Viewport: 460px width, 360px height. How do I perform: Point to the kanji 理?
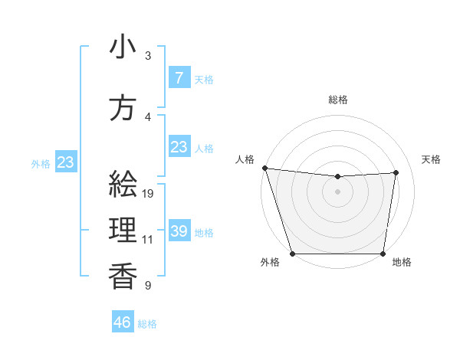point(123,230)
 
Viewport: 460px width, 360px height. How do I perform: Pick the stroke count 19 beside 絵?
point(149,194)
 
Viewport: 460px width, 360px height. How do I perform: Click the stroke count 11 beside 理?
point(148,240)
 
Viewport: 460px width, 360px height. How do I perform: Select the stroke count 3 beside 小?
point(147,56)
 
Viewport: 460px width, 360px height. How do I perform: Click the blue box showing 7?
point(179,77)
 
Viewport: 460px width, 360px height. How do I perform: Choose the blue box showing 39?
point(179,231)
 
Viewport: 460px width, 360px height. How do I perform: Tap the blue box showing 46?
point(123,322)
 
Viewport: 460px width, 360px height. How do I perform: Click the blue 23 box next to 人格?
point(179,147)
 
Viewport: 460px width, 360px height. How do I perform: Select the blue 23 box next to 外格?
point(65,162)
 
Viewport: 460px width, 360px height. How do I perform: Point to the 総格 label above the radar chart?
point(338,100)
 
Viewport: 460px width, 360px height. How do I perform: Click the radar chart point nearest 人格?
point(264,168)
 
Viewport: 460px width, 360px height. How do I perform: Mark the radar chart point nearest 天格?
point(396,172)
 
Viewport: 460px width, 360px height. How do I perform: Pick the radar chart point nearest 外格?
point(292,254)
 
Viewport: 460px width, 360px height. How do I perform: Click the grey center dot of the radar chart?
point(338,191)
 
